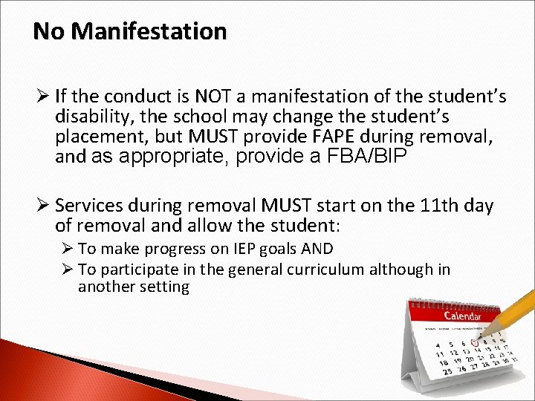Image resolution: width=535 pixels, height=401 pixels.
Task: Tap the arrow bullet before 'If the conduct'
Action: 42,97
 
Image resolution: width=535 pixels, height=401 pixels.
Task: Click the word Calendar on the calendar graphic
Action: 461,316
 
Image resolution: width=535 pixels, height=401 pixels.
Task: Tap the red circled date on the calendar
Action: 474,342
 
